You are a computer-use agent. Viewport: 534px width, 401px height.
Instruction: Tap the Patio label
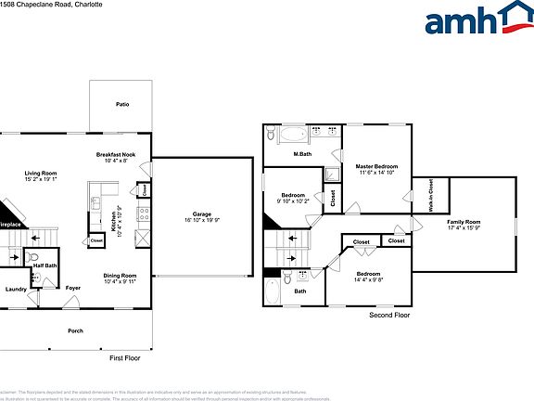tap(122, 105)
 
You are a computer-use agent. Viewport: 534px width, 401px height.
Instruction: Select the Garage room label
tap(202, 213)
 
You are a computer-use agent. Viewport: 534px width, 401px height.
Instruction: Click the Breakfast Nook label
tap(117, 154)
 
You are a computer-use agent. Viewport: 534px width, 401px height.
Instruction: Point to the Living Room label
tap(41, 174)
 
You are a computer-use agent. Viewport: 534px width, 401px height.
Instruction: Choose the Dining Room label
tap(121, 275)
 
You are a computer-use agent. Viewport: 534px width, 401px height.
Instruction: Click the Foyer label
tap(73, 289)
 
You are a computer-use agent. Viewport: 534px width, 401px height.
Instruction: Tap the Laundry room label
tap(16, 289)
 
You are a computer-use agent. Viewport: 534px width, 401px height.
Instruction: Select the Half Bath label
tap(44, 265)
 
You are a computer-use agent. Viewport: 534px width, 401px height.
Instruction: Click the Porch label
tap(75, 330)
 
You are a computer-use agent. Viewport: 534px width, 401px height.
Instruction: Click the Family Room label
tap(464, 222)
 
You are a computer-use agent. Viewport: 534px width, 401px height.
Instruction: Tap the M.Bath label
tap(301, 154)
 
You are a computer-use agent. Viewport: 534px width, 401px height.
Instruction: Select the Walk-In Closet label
tap(430, 195)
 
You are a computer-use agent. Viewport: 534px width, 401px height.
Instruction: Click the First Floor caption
tap(123, 356)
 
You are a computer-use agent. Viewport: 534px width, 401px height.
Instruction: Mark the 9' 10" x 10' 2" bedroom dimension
tap(296, 201)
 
